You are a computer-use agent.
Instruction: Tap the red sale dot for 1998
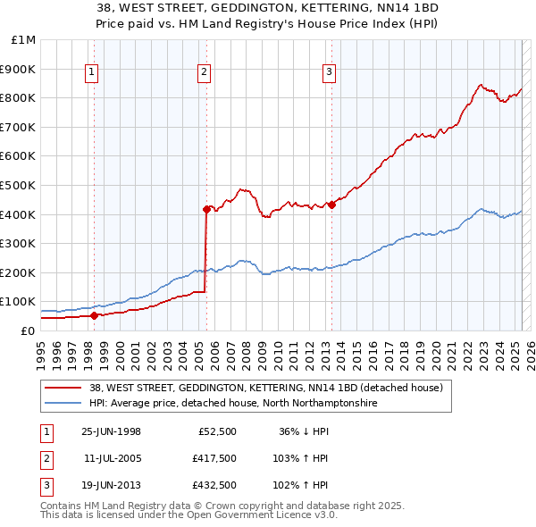click(x=94, y=314)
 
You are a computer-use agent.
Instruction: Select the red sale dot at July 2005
click(x=206, y=210)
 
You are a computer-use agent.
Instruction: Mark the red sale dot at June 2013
click(x=331, y=205)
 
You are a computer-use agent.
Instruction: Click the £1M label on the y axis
click(x=24, y=40)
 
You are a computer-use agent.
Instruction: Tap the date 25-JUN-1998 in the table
click(x=111, y=431)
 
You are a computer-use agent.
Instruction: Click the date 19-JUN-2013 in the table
click(x=111, y=485)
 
